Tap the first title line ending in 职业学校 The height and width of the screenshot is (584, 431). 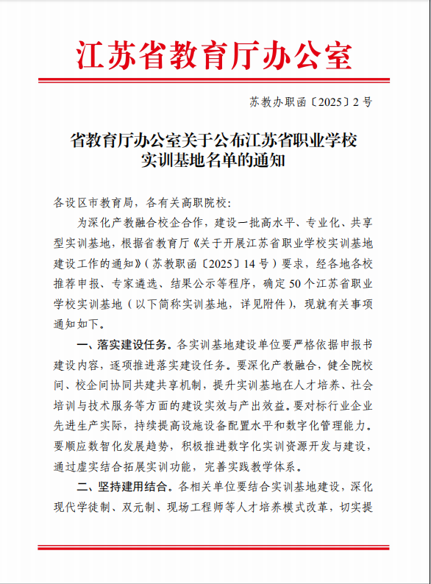(214, 139)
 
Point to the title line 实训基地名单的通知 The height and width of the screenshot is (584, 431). (214, 159)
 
